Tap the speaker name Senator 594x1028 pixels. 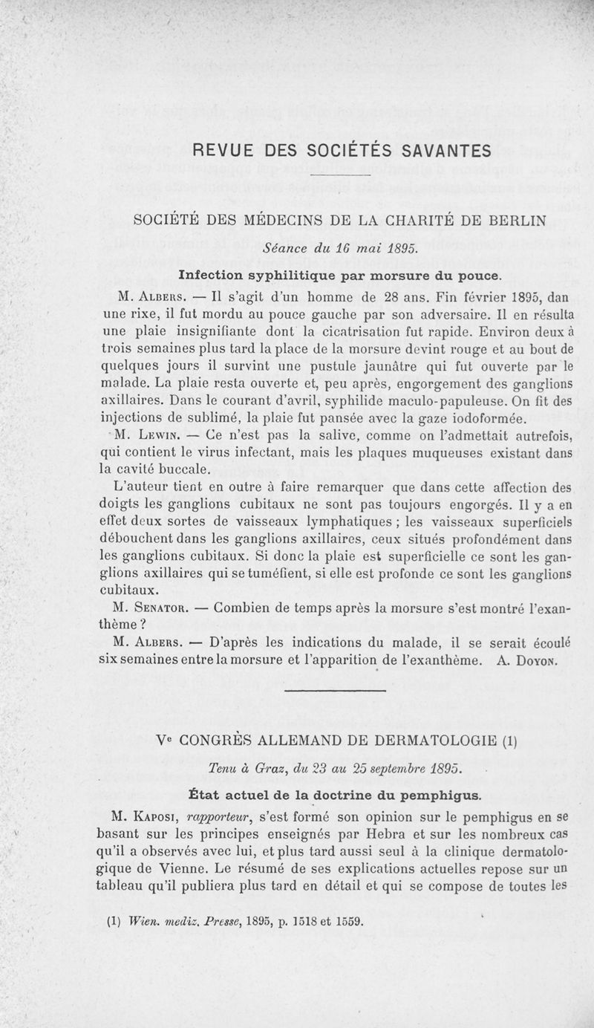tap(158, 607)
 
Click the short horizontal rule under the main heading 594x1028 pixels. tap(341, 175)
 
